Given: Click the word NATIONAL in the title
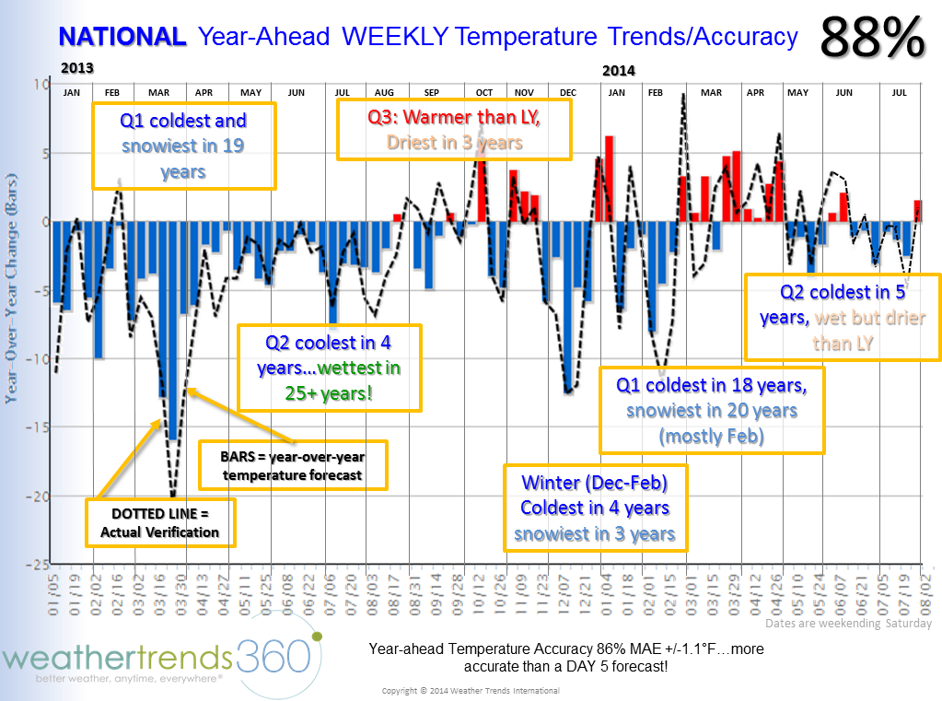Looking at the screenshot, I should point(122,37).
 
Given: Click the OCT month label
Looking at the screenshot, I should point(484,93).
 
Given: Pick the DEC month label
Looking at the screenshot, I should point(568,93).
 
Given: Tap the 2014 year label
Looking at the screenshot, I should point(619,71).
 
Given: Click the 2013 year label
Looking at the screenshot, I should point(77,68).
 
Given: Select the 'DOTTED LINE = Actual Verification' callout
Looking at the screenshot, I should point(160,522).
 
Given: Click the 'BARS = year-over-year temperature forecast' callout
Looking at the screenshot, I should point(294,465).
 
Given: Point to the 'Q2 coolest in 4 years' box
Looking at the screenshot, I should point(329,368).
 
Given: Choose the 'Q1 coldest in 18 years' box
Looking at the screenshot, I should point(712,410).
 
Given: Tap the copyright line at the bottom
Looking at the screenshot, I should point(471,691).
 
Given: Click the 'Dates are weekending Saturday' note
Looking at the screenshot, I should point(848,624).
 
